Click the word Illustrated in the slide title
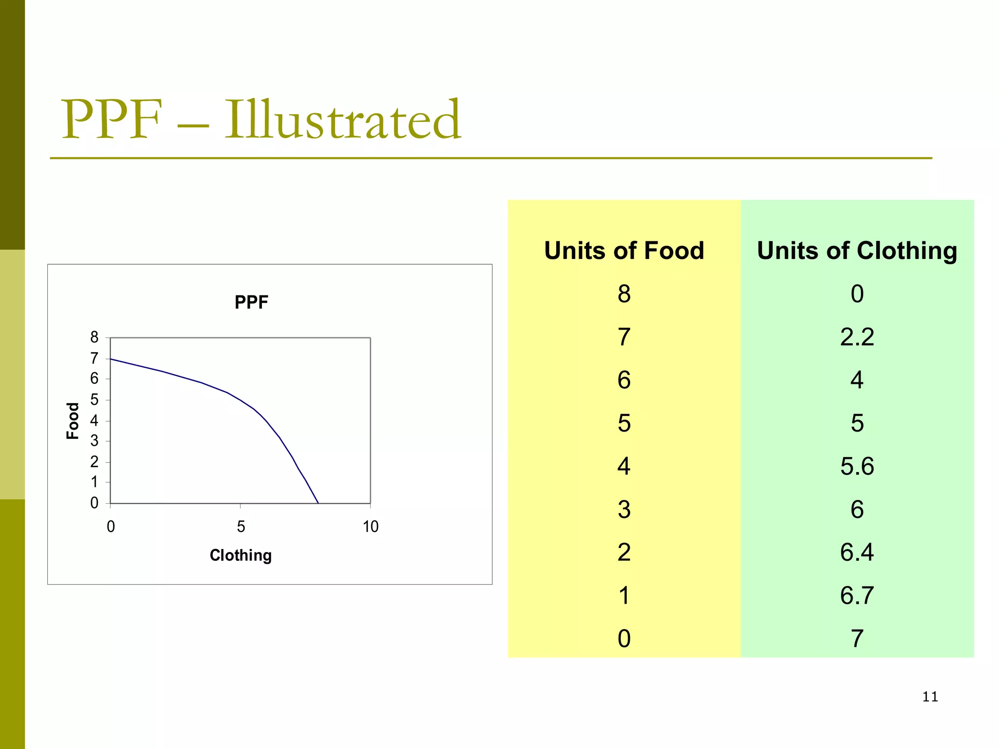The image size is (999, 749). point(342,119)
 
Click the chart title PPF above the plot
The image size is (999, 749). point(251,302)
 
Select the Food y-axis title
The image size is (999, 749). point(73,421)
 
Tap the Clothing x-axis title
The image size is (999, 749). point(240,555)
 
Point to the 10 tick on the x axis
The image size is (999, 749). point(370,527)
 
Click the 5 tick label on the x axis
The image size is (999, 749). point(240,527)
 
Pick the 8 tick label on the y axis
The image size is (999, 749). point(94,337)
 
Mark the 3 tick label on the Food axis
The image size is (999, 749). point(94,441)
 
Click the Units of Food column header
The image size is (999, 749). point(624,251)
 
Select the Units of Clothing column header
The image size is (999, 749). point(857,251)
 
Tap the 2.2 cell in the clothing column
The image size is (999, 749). point(857,337)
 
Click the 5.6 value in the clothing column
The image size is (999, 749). point(857,466)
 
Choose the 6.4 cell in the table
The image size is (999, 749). point(857,552)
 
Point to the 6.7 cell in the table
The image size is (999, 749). point(857,595)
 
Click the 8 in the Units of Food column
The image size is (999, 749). point(624,294)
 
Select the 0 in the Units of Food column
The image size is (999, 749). point(624,639)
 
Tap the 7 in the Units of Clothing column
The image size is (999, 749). point(857,639)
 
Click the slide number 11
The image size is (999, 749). point(930,697)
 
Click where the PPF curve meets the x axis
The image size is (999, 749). point(318,503)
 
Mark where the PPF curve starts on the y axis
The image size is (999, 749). point(111,359)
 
